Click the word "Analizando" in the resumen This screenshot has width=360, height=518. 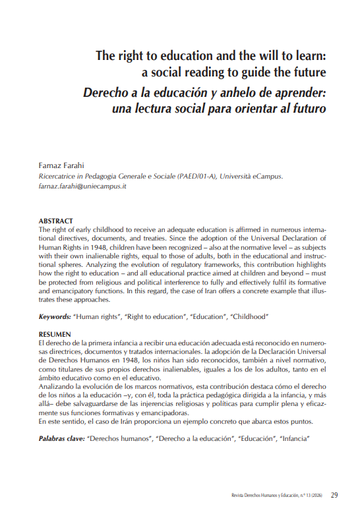pyautogui.click(x=57, y=386)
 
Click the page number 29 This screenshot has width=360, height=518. pyautogui.click(x=334, y=494)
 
